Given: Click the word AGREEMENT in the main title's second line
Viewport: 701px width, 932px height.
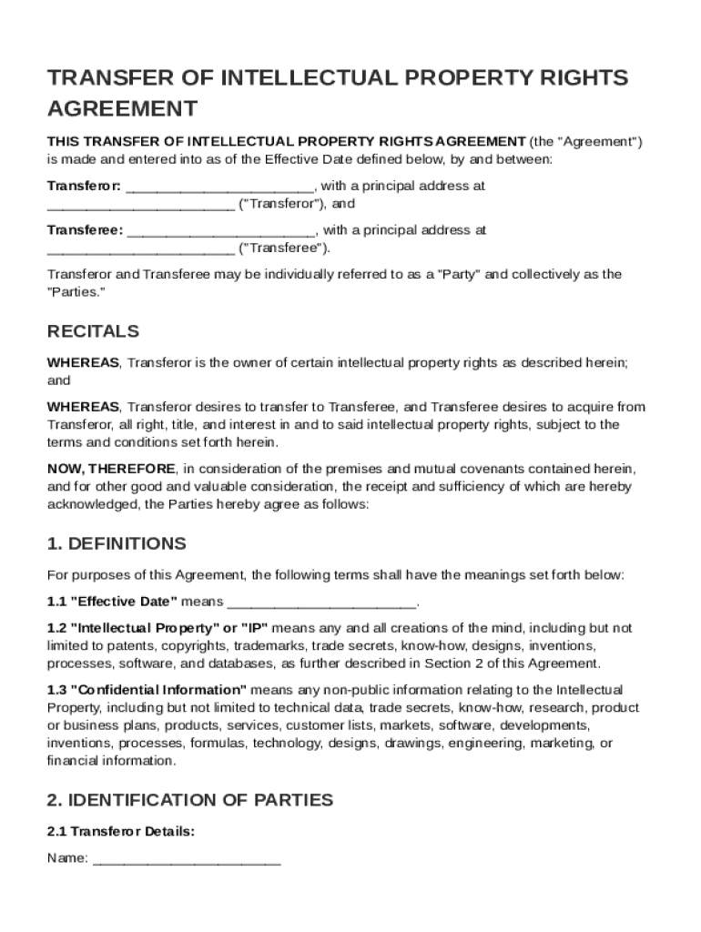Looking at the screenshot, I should point(122,109).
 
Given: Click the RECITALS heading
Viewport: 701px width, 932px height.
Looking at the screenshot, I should point(93,331).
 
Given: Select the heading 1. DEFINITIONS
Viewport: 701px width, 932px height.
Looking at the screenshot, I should point(117,543).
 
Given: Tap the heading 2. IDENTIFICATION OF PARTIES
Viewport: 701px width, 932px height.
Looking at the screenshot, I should point(189,800).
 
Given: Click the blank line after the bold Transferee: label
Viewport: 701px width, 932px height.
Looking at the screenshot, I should point(221,231).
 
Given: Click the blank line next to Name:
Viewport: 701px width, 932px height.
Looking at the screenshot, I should point(187,858).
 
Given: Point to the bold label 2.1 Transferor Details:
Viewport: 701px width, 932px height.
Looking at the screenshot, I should point(120,831).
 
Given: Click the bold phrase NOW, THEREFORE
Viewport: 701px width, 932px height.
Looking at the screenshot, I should point(111,469).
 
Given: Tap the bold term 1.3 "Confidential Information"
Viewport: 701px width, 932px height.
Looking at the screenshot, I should point(147,690).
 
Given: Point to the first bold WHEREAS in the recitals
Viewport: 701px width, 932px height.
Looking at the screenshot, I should point(83,363).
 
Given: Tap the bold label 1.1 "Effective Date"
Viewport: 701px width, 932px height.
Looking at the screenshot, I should point(112,602).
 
